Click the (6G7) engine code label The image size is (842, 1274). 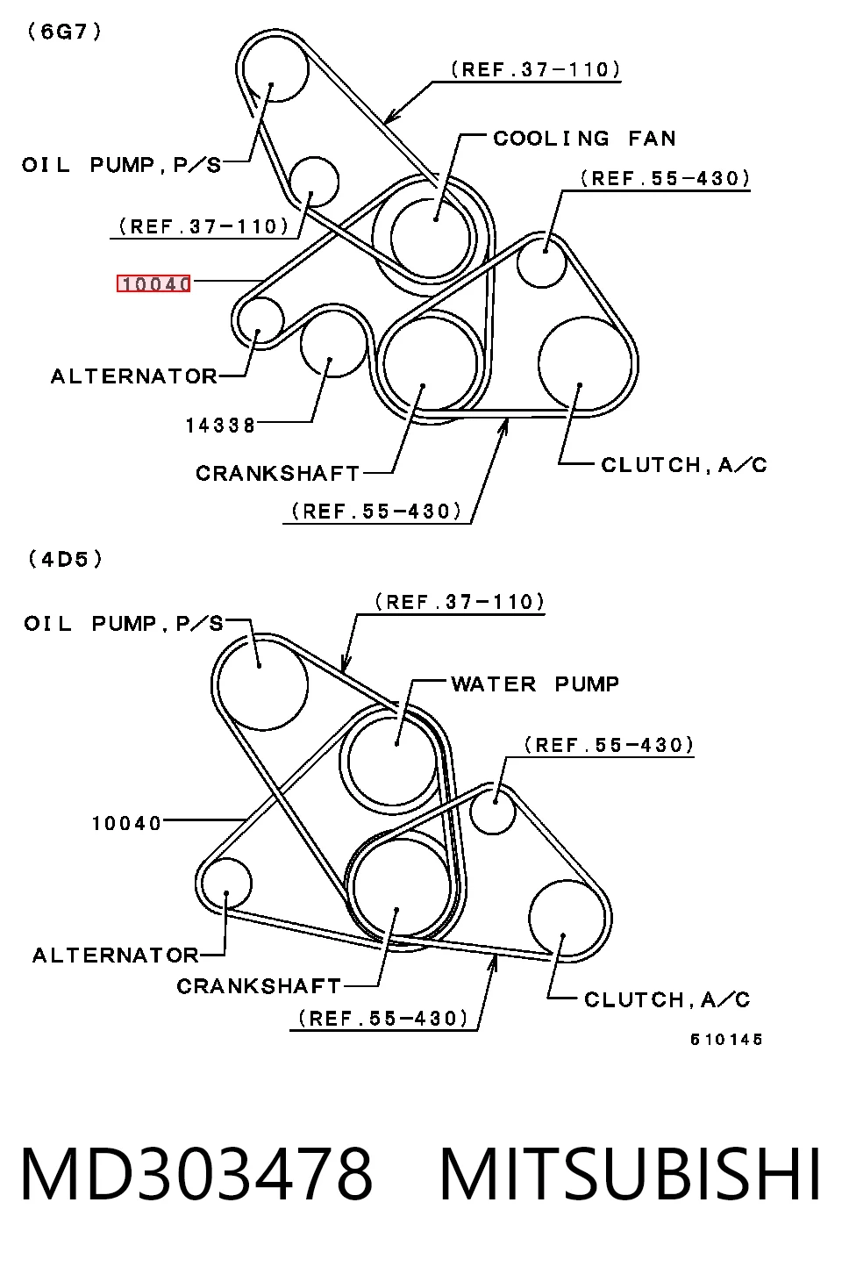coord(64,32)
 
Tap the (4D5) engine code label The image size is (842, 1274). coord(66,559)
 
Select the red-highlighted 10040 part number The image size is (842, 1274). coord(153,283)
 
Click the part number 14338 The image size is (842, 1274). coord(221,426)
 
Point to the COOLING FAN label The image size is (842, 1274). coord(584,139)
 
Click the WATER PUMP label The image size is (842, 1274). coord(535,684)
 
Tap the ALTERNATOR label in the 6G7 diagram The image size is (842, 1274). coord(134,376)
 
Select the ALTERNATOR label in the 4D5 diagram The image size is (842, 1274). coord(116,955)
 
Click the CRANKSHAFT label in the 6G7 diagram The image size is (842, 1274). coord(278,473)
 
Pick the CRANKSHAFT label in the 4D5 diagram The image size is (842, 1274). coord(259,986)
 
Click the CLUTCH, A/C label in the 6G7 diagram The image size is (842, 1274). coord(684,465)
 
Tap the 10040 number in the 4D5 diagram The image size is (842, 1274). coord(127,823)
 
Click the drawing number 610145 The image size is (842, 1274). coord(726,1040)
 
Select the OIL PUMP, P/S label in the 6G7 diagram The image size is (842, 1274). coord(122,165)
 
